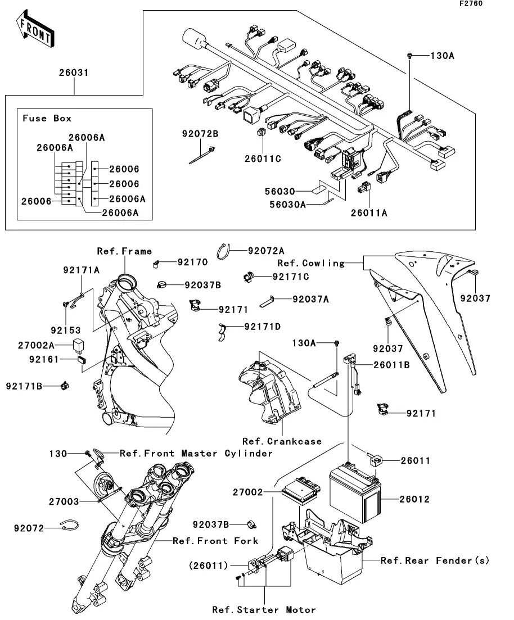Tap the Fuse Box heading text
pos(47,119)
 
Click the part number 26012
pos(414,499)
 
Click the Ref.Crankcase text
pos(282,441)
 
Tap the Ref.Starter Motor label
pos(264,609)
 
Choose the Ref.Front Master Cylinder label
pos(196,453)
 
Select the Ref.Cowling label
pos(311,263)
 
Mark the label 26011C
pos(262,159)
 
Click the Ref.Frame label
pos(124,251)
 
